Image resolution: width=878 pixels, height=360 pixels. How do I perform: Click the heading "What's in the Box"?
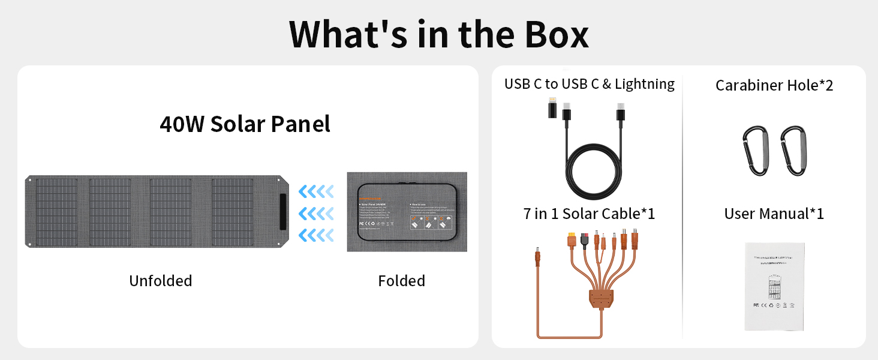438,34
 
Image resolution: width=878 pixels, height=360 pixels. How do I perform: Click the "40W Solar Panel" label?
245,124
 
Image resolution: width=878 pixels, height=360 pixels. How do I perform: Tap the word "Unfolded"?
161,281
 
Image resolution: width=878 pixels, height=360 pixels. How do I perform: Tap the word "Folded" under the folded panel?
401,281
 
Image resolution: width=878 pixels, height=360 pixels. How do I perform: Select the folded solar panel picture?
407,212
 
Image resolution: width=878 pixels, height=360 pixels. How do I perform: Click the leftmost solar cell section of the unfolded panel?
56,211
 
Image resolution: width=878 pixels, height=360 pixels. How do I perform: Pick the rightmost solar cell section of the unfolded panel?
233,211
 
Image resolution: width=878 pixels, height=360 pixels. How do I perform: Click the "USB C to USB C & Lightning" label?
589,84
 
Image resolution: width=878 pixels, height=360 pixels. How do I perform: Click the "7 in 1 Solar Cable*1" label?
589,214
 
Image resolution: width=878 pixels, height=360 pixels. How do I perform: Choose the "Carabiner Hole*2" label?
774,85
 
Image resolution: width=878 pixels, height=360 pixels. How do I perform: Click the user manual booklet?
774,286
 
